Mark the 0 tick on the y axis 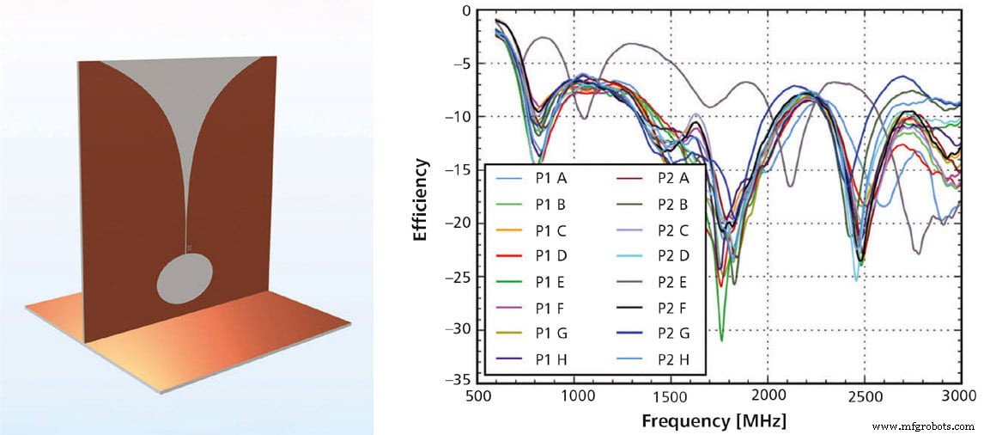pyautogui.click(x=465, y=11)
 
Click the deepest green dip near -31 pyautogui.click(x=721, y=339)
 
